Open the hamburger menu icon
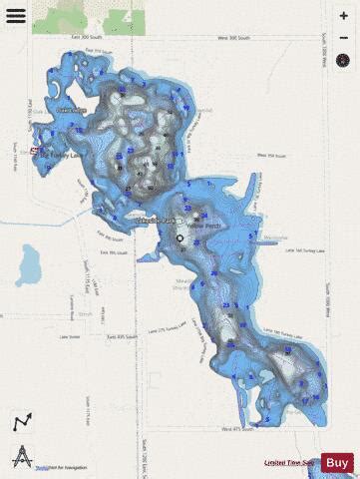pos(17,16)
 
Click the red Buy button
pos(337,462)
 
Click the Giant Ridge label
pos(71,110)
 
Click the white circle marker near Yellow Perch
pos(180,239)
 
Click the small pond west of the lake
pos(30,264)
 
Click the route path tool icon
pos(21,422)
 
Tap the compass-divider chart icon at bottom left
pos(21,455)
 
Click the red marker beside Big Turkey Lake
pos(35,151)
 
